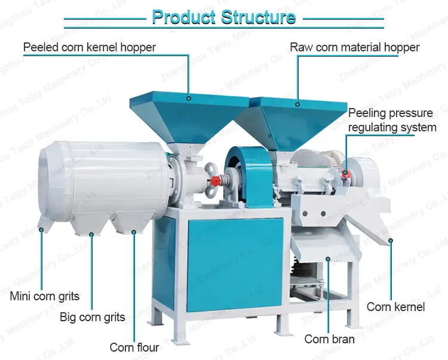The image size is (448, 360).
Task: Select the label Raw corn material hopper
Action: tap(354, 47)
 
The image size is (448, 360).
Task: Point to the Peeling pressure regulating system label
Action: tap(391, 120)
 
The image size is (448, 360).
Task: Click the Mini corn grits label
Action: tap(45, 296)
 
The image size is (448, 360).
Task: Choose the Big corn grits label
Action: tap(93, 316)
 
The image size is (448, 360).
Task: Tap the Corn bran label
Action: tap(329, 339)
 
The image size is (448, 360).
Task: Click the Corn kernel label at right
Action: tap(395, 307)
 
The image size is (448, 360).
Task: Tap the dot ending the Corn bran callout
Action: tap(328, 258)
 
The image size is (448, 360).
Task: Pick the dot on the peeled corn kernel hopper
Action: tap(189, 99)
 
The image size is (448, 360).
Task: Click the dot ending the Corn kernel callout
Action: tap(391, 241)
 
